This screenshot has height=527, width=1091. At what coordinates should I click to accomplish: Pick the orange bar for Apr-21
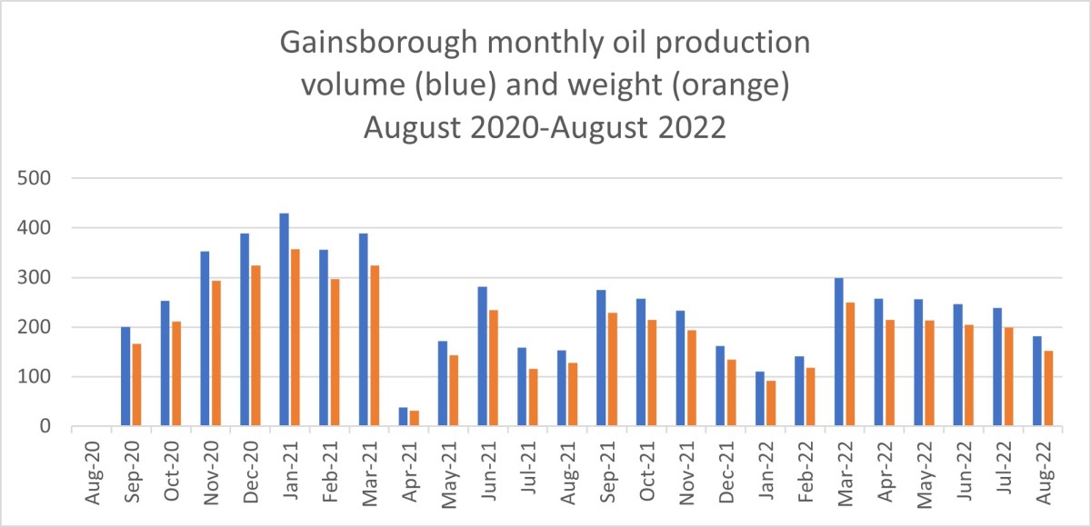(x=414, y=419)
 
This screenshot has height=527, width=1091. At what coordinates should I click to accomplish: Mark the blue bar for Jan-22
(x=759, y=399)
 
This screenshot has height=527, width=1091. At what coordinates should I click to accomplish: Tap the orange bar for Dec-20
(x=255, y=361)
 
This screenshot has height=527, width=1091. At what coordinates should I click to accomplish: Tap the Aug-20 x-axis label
(x=91, y=468)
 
